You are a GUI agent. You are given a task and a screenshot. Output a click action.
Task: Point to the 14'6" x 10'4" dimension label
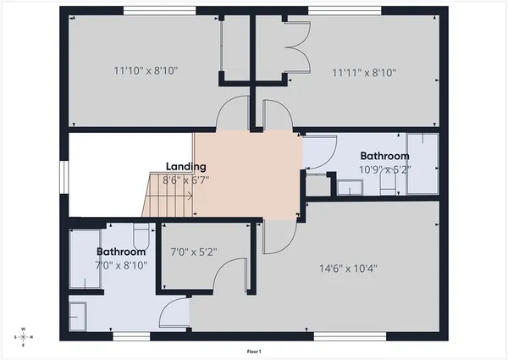point(348,269)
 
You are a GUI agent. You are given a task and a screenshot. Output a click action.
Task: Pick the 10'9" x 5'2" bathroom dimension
point(385,169)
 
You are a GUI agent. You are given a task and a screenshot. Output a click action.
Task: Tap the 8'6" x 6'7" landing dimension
point(186,180)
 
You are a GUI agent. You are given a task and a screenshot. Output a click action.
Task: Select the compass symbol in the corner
point(24,337)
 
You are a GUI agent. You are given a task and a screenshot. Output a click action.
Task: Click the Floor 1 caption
point(253,351)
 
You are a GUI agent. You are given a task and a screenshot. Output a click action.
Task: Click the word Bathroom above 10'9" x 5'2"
point(384,156)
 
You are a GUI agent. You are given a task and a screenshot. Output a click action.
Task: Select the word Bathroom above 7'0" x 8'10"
point(121,252)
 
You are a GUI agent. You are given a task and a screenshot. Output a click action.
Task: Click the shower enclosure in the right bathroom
point(421,163)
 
